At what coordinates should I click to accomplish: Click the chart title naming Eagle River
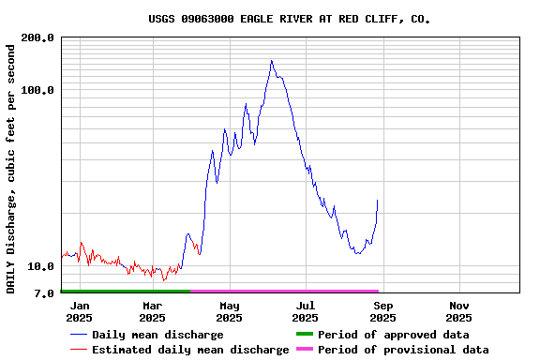click(x=289, y=19)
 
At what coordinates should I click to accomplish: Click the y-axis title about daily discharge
click(x=11, y=167)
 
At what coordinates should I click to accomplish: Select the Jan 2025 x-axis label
click(x=80, y=311)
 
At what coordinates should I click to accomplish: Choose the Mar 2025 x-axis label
click(x=153, y=311)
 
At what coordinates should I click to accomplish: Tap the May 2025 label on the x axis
click(x=230, y=311)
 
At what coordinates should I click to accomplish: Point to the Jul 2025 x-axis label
click(x=306, y=311)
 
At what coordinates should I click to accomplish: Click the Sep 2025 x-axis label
click(x=382, y=311)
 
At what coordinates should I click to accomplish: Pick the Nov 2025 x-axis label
click(x=459, y=311)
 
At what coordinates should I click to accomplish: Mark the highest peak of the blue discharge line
click(x=272, y=61)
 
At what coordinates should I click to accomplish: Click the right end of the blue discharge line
click(x=378, y=200)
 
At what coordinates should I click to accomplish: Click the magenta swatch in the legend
click(x=304, y=350)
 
